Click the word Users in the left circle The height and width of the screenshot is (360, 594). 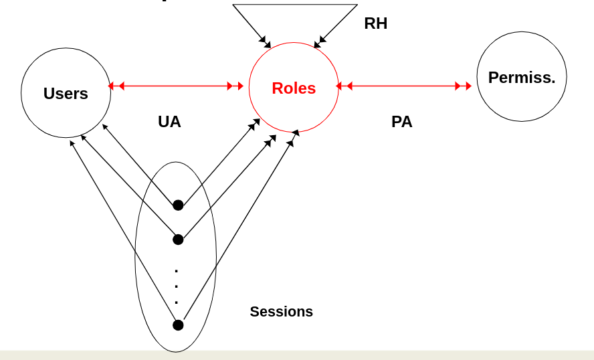pos(66,94)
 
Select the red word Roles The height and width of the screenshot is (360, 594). pos(294,88)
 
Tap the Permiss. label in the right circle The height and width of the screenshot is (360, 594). pos(522,78)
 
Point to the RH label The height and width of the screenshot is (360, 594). pos(375,24)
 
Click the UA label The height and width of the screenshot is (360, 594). pos(169,122)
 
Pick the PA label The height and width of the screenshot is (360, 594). pos(401,122)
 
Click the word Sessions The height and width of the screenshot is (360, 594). pos(281,312)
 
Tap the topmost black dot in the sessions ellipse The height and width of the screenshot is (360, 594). pos(178,205)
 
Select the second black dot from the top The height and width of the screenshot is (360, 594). pos(178,240)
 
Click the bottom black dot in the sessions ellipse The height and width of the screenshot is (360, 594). pos(178,325)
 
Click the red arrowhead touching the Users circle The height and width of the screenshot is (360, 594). pos(111,86)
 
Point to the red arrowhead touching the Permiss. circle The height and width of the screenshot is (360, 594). pos(468,86)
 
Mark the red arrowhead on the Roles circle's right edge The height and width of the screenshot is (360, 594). pos(339,86)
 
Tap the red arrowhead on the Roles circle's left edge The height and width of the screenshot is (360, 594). pos(240,86)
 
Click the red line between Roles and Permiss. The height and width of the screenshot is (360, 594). pos(404,86)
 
